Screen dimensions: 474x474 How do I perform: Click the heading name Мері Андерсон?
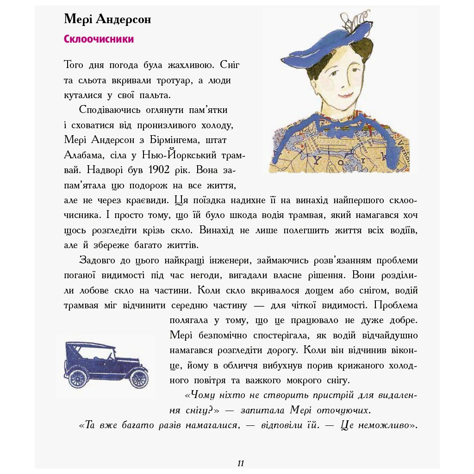[x=107, y=19]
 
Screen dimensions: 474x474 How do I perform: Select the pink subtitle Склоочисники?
[x=99, y=39]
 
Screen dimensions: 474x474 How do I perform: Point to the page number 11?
[x=240, y=463]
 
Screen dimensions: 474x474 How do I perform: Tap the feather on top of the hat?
[x=349, y=21]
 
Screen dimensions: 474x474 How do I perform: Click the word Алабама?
[x=81, y=155]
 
